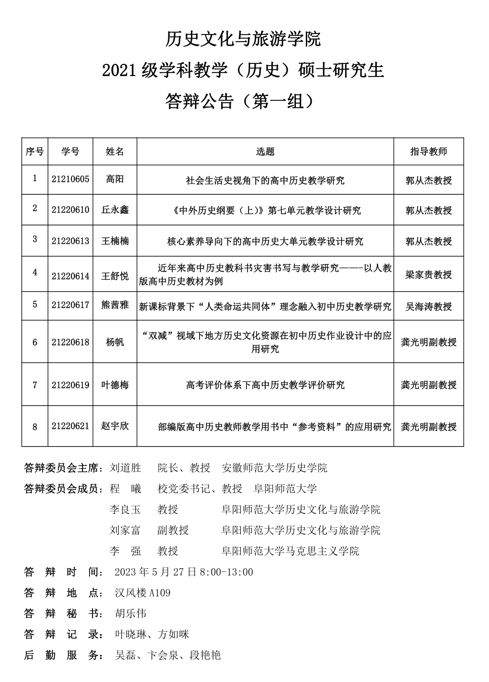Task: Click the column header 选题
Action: (265, 152)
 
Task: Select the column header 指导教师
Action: (428, 152)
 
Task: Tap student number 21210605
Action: (71, 179)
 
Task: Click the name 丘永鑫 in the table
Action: (115, 210)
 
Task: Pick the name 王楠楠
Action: (115, 241)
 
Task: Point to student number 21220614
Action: (71, 276)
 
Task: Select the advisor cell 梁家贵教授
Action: (428, 275)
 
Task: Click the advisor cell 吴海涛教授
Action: (428, 307)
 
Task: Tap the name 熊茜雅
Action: (115, 305)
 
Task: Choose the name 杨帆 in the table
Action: (115, 342)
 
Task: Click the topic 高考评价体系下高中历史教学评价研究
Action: (265, 385)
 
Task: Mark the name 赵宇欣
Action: (115, 426)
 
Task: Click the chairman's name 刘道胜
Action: (125, 468)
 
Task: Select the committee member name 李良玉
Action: (125, 509)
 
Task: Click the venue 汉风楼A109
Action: (142, 593)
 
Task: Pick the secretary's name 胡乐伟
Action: (131, 614)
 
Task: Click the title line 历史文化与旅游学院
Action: (243, 39)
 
